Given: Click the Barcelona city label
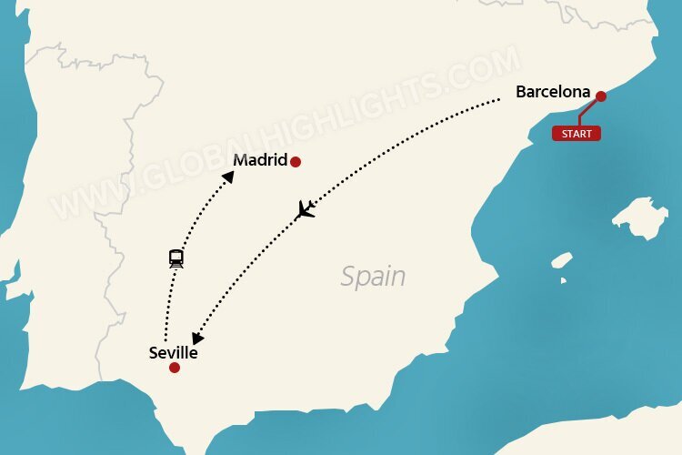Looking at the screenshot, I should coord(553,92).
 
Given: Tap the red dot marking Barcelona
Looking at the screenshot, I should coord(600,95).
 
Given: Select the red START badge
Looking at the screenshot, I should coord(576,134).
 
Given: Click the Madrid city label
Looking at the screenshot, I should coord(259,161).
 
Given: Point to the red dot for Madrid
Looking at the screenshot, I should coord(295,162).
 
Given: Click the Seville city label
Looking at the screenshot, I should coord(173,353).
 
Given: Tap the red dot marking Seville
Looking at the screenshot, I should coord(174,369).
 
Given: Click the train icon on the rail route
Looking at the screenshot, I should coord(176,258).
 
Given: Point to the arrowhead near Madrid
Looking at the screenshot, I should coord(228,177).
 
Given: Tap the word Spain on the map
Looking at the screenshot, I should coord(373,276).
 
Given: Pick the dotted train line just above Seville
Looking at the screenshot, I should coord(165,318).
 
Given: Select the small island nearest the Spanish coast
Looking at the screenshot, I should coord(562,260).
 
